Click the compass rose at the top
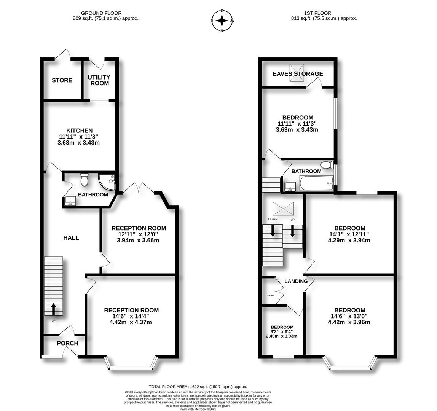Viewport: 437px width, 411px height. pos(222,21)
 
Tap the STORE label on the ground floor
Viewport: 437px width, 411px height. pos(62,80)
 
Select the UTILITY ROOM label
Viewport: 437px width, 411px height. pos(99,80)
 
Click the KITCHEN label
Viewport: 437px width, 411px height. pos(80,131)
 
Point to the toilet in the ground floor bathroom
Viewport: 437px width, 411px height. pos(84,180)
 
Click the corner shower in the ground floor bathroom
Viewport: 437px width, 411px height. pos(107,182)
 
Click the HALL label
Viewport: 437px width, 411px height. pos(71,238)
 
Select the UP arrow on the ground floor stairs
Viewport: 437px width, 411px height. pos(53,309)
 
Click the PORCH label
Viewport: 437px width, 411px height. pos(67,343)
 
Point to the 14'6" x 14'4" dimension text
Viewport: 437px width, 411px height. pos(131,316)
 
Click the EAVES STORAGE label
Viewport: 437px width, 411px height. pos(298,73)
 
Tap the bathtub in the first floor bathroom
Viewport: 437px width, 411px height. pos(316,183)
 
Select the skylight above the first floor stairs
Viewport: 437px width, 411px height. pos(283,209)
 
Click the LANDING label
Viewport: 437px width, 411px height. pos(296,281)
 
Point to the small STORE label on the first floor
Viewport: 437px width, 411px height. pos(271,295)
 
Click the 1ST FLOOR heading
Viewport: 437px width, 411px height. pos(318,13)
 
